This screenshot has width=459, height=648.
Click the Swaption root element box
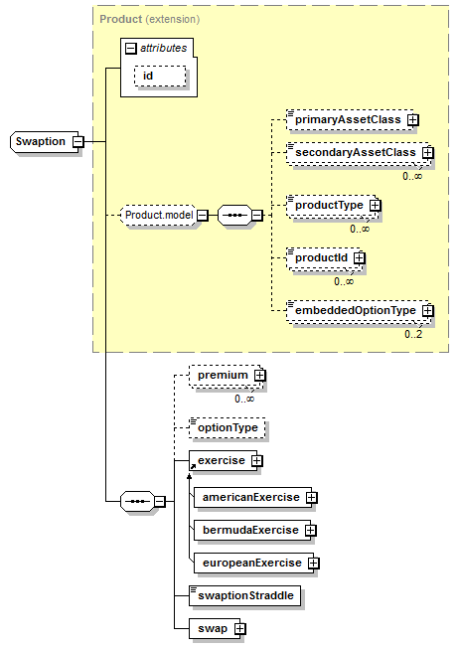click(44, 142)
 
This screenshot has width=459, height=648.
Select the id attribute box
click(160, 77)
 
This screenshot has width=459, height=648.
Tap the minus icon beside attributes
click(130, 49)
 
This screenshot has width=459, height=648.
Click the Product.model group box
click(158, 216)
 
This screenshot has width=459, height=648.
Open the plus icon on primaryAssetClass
click(412, 120)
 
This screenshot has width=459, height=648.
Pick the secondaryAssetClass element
click(359, 153)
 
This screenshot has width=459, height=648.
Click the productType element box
click(332, 206)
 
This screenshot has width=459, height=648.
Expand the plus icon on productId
click(360, 257)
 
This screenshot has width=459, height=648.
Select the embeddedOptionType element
click(359, 311)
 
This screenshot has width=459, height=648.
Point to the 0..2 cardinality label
click(413, 334)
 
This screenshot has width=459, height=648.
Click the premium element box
click(226, 376)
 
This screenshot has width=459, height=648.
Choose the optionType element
click(227, 428)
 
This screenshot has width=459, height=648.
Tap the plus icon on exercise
click(257, 461)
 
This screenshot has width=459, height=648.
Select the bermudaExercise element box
click(252, 530)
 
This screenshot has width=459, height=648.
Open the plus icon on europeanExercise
click(314, 564)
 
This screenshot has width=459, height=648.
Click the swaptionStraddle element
click(244, 596)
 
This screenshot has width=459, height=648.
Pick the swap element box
click(215, 629)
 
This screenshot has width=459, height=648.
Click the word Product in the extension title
click(120, 20)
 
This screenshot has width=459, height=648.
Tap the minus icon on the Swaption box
click(77, 142)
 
